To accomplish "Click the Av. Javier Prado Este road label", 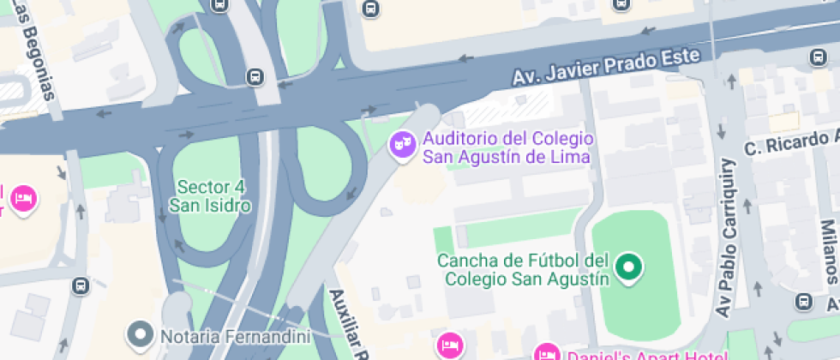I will tap(607, 66).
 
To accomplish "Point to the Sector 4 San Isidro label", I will tap(210, 196).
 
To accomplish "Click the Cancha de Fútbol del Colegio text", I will tap(523, 269).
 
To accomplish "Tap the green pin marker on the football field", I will tap(630, 267).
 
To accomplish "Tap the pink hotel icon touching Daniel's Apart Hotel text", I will tap(547, 353).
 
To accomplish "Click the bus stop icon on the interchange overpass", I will tap(255, 76).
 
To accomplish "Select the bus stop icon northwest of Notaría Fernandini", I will tap(81, 285).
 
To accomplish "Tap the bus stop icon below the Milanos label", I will tap(803, 301).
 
